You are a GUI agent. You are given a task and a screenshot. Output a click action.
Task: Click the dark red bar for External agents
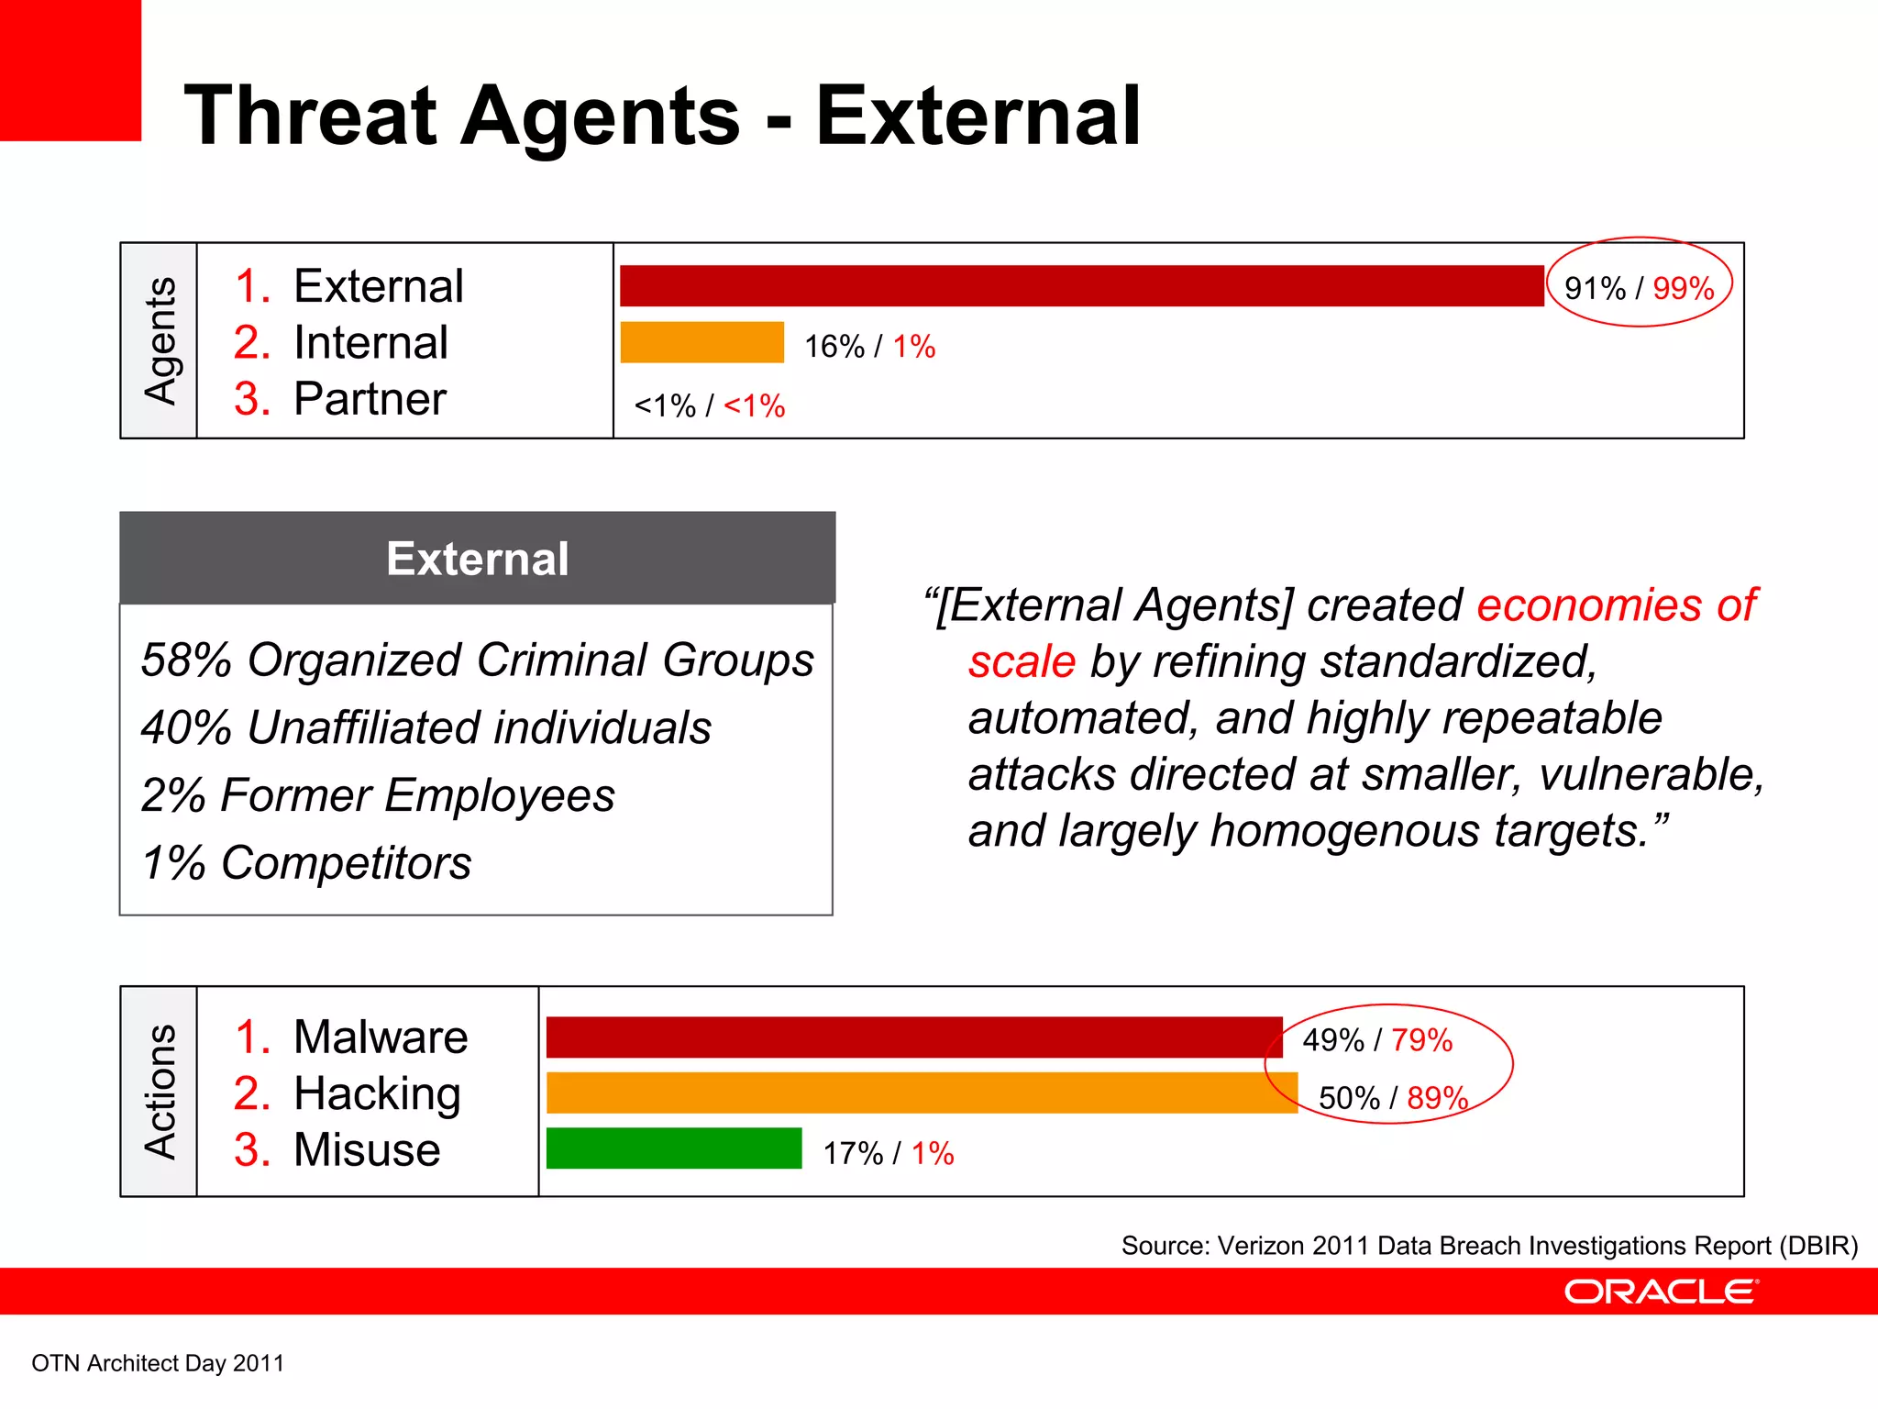1082,286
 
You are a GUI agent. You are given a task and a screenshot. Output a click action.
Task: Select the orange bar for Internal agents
702,342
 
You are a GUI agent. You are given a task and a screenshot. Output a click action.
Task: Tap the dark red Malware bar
914,1037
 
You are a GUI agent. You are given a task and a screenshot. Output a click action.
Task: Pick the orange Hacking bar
922,1093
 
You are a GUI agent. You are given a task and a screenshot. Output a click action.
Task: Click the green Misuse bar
674,1148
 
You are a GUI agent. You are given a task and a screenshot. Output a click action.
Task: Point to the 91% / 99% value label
1639,288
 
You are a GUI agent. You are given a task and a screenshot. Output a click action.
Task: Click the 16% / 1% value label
869,346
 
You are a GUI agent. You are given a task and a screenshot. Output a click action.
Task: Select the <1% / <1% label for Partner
709,405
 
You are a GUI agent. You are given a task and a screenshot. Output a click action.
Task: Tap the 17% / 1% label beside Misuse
888,1153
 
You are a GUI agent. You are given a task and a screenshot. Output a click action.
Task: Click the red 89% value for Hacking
1437,1098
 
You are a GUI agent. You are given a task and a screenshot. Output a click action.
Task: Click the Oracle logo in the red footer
1661,1292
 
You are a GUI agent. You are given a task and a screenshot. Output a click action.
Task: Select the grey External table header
477,559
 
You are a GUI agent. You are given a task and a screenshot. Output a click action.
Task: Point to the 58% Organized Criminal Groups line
477,660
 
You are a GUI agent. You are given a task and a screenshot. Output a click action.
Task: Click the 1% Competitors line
306,863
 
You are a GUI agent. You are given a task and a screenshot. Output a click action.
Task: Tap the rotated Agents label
160,340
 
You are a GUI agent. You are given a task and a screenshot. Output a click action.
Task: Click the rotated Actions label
160,1092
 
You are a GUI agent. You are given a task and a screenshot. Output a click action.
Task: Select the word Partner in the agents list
370,399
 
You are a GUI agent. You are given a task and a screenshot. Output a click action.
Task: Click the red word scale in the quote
1022,661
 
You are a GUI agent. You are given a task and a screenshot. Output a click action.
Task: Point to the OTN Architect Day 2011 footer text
158,1363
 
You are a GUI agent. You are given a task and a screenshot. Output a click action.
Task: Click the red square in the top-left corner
70,70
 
